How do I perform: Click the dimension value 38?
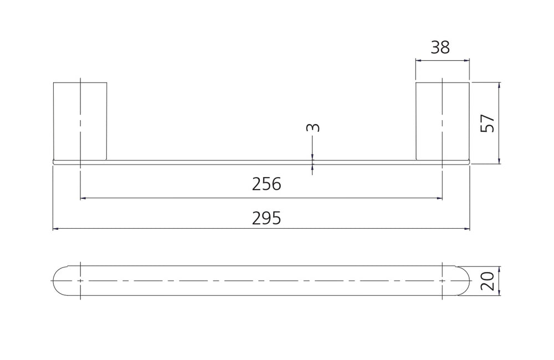[440, 47]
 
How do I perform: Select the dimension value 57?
[488, 123]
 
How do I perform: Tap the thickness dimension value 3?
[312, 127]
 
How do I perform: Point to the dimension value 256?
[266, 184]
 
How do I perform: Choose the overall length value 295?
[266, 218]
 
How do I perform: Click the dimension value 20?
[488, 281]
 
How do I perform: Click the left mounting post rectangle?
[80, 121]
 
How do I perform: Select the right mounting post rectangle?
[442, 121]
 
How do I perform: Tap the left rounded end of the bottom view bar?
[54, 281]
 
